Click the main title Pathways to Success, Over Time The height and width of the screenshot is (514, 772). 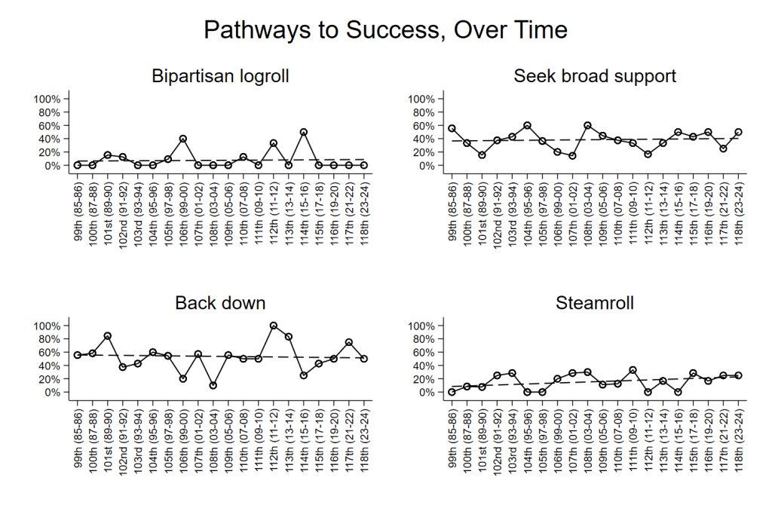pos(385,30)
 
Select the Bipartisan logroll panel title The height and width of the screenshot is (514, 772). pos(220,76)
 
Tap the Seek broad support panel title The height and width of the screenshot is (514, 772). pos(595,76)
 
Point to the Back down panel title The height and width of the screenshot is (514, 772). pos(220,303)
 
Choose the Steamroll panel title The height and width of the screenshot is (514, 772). pos(595,303)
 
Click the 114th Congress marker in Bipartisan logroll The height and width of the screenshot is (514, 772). pos(303,132)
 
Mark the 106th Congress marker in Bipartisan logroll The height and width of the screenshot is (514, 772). pos(182,139)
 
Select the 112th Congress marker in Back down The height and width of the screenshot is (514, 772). pos(273,326)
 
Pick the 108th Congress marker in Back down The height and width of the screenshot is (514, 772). pos(213,385)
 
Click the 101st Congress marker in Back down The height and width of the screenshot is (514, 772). pos(107,336)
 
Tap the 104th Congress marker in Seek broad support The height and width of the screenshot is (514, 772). pos(527,125)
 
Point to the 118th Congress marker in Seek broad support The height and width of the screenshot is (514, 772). pos(738,132)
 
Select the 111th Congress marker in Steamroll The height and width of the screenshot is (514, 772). pos(633,370)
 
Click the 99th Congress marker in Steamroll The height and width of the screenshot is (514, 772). pos(452,392)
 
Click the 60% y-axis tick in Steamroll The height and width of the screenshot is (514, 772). pos(424,352)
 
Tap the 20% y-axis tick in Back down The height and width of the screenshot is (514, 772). pos(49,379)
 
